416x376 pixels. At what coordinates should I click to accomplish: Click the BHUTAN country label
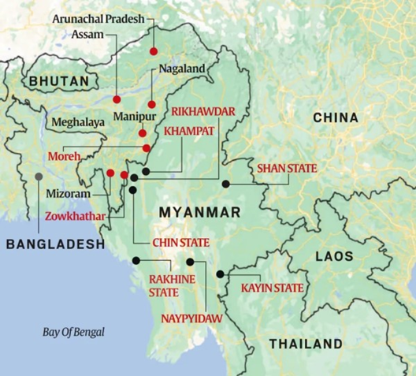(x=57, y=81)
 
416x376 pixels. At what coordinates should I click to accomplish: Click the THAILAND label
(x=306, y=344)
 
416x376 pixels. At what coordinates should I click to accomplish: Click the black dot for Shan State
(x=226, y=184)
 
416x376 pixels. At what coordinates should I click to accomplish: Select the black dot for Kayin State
(x=220, y=274)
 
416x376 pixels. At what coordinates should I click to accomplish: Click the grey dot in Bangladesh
(x=38, y=175)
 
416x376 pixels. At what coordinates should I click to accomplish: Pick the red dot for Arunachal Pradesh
(x=154, y=52)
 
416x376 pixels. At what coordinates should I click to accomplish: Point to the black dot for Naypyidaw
(x=190, y=261)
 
